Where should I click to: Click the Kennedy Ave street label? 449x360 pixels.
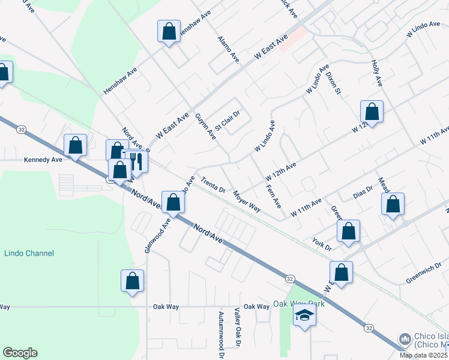tap(43, 160)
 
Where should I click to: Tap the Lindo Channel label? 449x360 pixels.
tap(29, 254)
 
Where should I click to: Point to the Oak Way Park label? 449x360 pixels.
tap(299, 304)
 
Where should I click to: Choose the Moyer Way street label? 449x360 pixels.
tap(247, 202)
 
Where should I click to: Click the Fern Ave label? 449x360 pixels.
tap(274, 196)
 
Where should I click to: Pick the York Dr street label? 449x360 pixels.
tap(322, 241)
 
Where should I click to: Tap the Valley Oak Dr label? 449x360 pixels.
tap(238, 328)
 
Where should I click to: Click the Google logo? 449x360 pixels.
tap(20, 353)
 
